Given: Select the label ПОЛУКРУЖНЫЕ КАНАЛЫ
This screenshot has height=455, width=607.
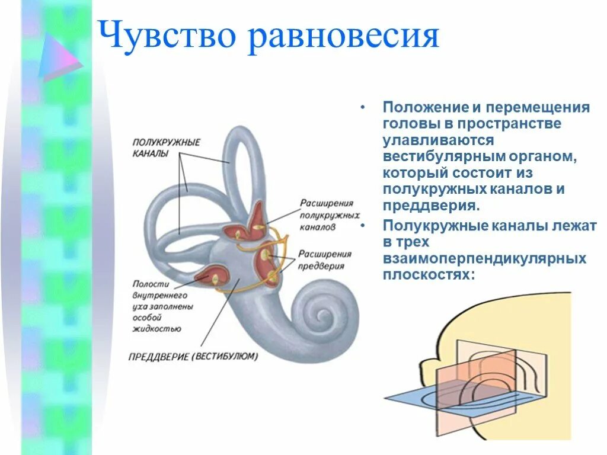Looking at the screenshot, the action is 166,148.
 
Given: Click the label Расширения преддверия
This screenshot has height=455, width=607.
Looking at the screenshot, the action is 325,260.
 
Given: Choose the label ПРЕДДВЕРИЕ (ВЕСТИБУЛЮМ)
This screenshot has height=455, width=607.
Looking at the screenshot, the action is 193,357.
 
